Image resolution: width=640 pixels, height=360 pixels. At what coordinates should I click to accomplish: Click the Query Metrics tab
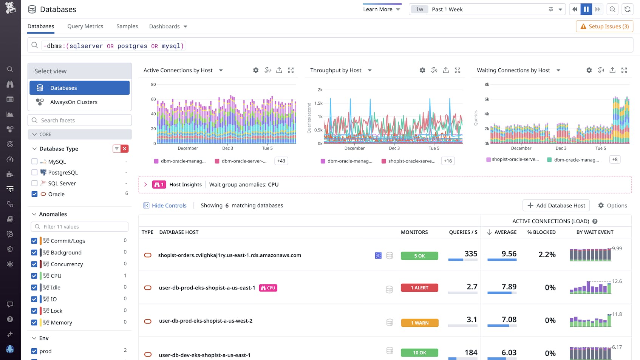pyautogui.click(x=85, y=26)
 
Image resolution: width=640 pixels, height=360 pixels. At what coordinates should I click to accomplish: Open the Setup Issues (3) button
pyautogui.click(x=604, y=26)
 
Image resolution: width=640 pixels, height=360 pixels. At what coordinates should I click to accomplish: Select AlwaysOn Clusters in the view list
pyautogui.click(x=74, y=102)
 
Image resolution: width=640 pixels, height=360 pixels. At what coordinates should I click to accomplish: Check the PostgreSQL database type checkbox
pyautogui.click(x=34, y=172)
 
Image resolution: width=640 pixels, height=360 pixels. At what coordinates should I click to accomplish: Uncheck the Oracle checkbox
pyautogui.click(x=34, y=194)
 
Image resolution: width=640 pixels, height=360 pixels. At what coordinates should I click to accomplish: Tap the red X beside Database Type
pyautogui.click(x=125, y=148)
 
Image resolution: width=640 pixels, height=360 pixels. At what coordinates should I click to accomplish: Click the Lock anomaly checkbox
pyautogui.click(x=34, y=311)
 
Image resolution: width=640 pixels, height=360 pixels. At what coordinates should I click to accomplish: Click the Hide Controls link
pyautogui.click(x=169, y=205)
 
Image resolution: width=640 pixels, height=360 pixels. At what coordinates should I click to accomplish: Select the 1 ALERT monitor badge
pyautogui.click(x=419, y=288)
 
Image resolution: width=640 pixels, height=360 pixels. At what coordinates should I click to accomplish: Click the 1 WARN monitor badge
pyautogui.click(x=419, y=323)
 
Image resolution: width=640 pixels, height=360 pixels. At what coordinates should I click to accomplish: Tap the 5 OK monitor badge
pyautogui.click(x=419, y=256)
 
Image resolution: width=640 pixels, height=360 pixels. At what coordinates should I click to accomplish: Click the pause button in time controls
pyautogui.click(x=586, y=9)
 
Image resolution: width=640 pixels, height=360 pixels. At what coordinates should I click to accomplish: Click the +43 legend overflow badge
pyautogui.click(x=281, y=161)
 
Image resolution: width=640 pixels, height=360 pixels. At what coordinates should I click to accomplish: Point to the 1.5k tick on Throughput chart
pyautogui.click(x=319, y=103)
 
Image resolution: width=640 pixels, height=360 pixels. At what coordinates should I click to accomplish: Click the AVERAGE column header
pyautogui.click(x=505, y=232)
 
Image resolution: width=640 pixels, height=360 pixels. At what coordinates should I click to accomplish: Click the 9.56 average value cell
pyautogui.click(x=509, y=254)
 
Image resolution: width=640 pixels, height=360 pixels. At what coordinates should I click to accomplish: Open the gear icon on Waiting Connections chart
pyautogui.click(x=589, y=70)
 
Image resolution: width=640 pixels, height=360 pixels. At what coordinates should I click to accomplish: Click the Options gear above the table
pyautogui.click(x=612, y=205)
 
